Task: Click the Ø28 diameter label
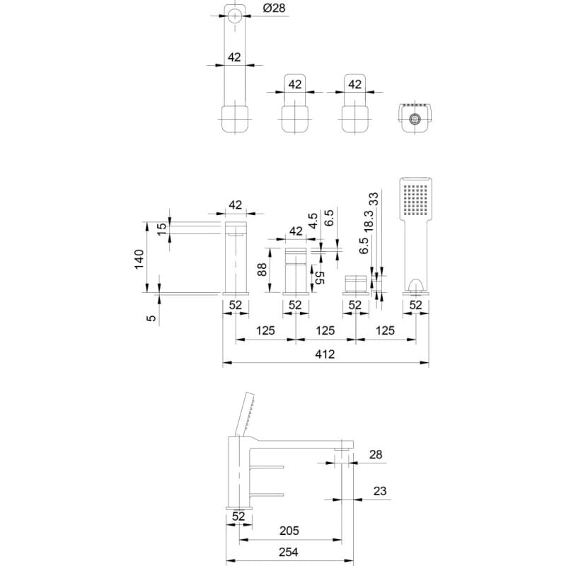(x=274, y=8)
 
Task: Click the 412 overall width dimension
(x=325, y=354)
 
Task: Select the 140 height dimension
(x=139, y=259)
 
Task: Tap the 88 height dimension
(x=262, y=270)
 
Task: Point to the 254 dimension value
(x=289, y=552)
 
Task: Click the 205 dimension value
(x=289, y=531)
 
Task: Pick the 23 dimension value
(x=380, y=491)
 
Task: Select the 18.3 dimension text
(x=368, y=221)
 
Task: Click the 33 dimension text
(x=374, y=199)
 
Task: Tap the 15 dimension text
(x=163, y=228)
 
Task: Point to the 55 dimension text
(x=320, y=277)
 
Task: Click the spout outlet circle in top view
(x=235, y=16)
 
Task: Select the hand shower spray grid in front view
(x=415, y=200)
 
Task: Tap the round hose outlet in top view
(x=415, y=118)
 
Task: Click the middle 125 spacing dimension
(x=325, y=330)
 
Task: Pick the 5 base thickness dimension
(x=152, y=318)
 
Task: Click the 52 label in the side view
(x=238, y=516)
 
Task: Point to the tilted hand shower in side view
(x=244, y=415)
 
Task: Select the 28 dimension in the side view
(x=376, y=454)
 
